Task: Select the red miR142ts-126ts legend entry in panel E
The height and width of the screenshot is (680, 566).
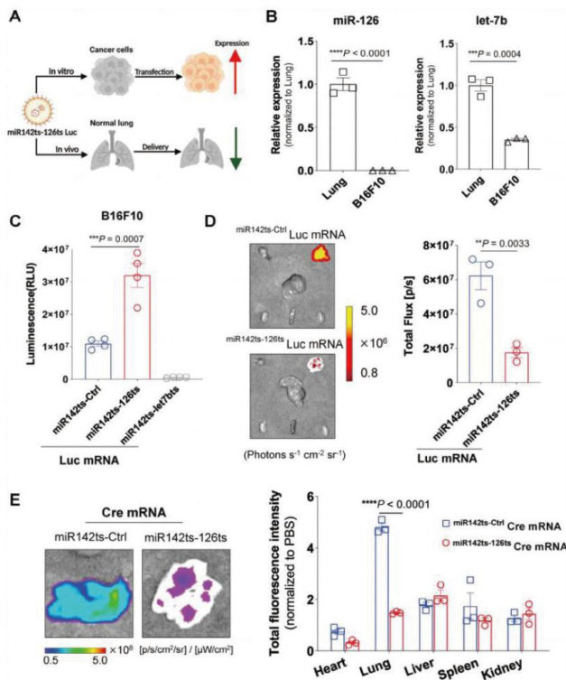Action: [x=506, y=545]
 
